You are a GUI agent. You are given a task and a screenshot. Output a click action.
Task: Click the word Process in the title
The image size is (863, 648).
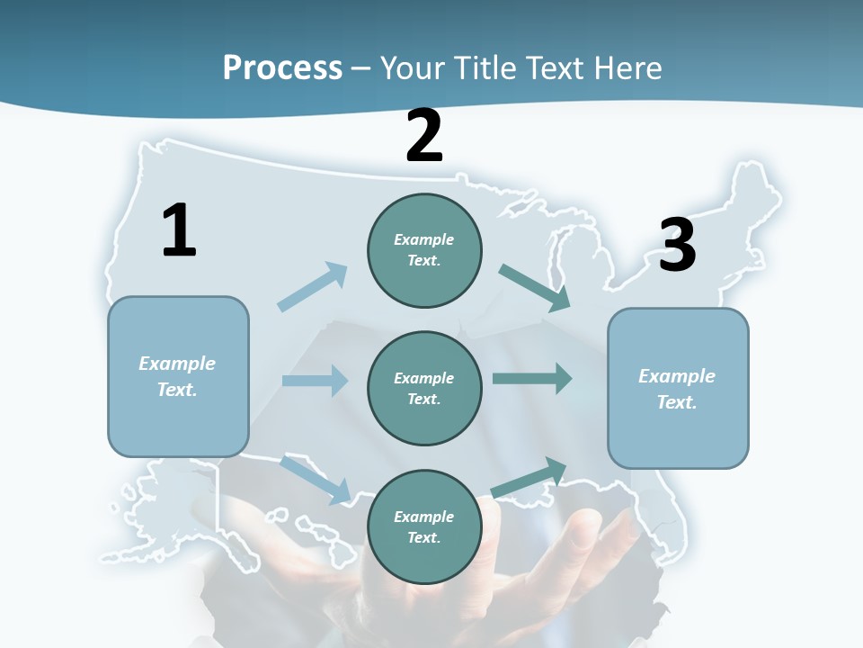(x=282, y=67)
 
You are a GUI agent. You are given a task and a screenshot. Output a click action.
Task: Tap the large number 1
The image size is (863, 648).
(x=179, y=231)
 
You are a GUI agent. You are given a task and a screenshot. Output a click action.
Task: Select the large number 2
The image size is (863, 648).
(x=424, y=136)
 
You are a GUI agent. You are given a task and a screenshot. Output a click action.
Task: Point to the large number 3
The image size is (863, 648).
(x=677, y=245)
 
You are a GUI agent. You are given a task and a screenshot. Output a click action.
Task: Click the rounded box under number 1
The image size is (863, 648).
(x=178, y=376)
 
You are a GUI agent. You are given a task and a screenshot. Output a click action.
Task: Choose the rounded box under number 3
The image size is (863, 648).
(x=678, y=388)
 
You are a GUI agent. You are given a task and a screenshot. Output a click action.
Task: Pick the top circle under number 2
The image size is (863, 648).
(x=424, y=250)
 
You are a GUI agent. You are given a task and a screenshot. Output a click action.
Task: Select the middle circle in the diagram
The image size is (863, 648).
(x=424, y=388)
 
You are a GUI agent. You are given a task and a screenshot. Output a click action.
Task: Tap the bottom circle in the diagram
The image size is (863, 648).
(x=424, y=526)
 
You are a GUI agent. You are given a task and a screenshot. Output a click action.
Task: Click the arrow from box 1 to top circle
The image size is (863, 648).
(x=312, y=287)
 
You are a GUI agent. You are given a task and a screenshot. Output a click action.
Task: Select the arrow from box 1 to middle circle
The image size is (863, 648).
(x=315, y=381)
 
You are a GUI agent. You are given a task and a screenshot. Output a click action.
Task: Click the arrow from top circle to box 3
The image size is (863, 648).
(x=535, y=288)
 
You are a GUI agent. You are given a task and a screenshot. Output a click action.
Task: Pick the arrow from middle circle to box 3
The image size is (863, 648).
(x=532, y=378)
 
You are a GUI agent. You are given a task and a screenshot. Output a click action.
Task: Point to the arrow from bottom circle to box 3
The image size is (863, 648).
(x=529, y=477)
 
